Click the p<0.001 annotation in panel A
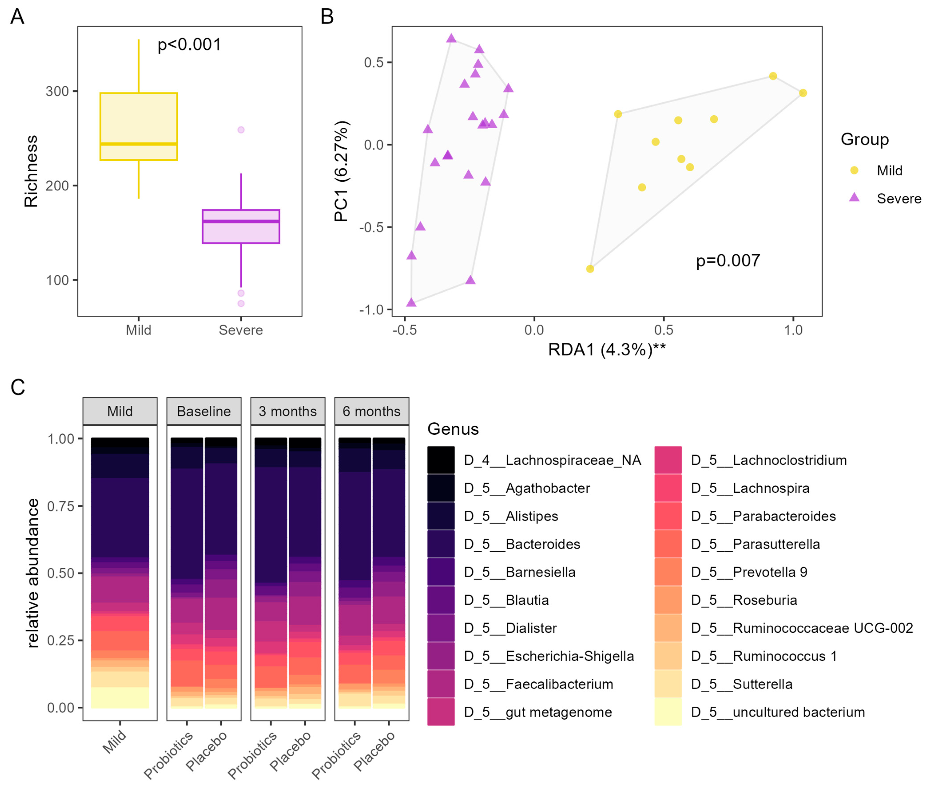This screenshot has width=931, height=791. click(189, 45)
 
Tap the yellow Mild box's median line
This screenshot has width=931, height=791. click(139, 144)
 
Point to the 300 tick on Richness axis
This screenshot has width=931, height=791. click(58, 91)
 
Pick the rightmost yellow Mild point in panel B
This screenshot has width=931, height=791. click(803, 93)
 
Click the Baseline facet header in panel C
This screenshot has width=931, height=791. click(204, 411)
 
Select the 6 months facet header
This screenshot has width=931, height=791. click(371, 411)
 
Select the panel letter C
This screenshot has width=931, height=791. click(18, 387)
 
